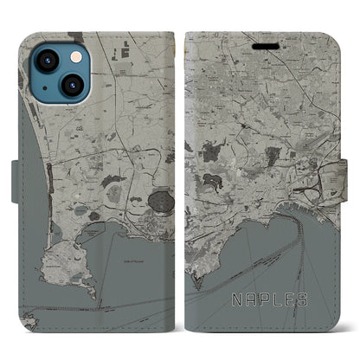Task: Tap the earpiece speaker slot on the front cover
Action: tap(263, 42)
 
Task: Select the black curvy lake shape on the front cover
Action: tap(210, 181)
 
